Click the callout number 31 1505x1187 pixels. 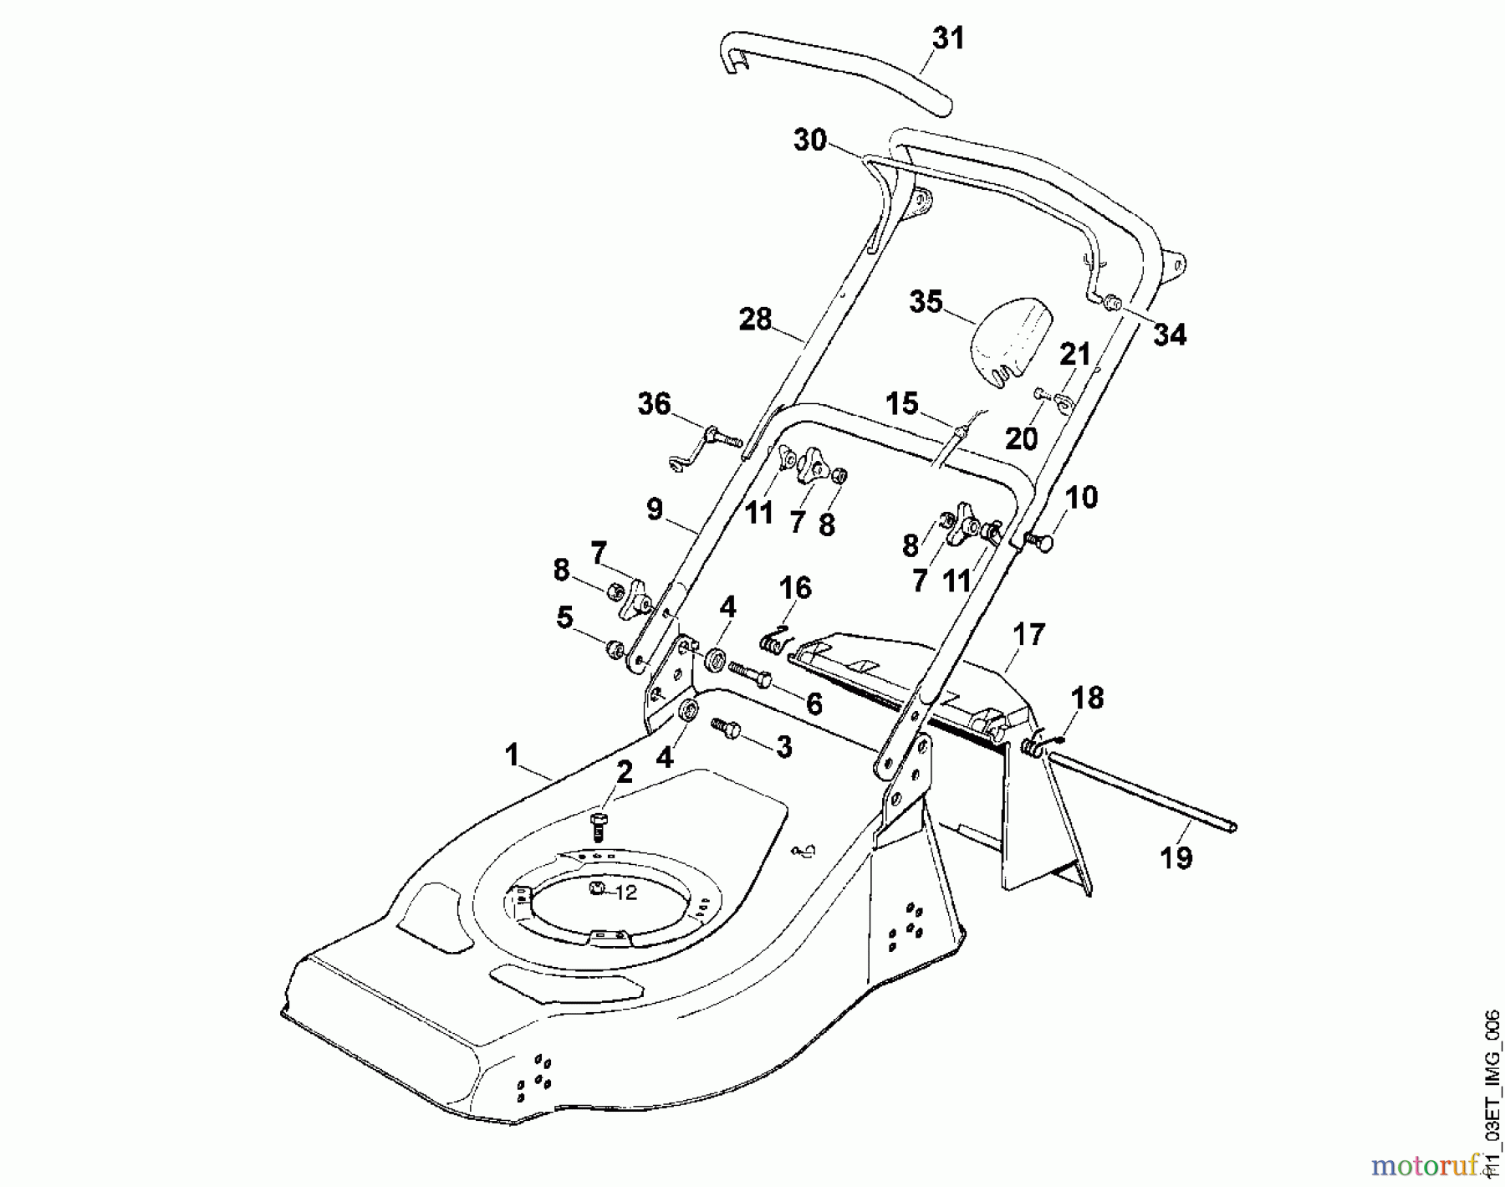[x=948, y=38]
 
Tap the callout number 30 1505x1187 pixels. [x=810, y=141]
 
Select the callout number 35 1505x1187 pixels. [x=926, y=302]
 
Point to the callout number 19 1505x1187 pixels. [x=1176, y=857]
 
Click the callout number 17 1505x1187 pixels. [x=1029, y=635]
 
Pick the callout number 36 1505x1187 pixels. [x=655, y=404]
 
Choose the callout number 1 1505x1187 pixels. [x=512, y=755]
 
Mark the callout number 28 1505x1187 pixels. [x=756, y=320]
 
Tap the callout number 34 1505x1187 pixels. [x=1170, y=335]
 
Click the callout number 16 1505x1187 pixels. [x=795, y=588]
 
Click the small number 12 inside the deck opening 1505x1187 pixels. [x=625, y=893]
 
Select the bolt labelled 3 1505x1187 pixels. [x=725, y=729]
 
